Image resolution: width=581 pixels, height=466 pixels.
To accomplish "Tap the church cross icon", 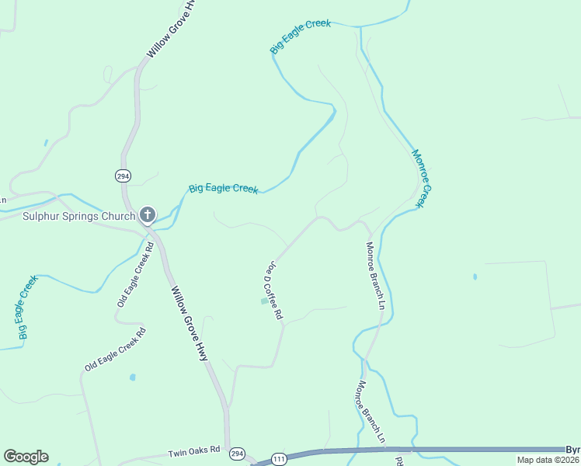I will pos(148,214).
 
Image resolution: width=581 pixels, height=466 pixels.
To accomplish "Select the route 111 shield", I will pos(280,460).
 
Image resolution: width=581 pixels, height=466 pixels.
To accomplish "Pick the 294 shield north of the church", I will pos(123,176).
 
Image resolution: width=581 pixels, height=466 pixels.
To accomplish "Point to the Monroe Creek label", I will pos(420,178).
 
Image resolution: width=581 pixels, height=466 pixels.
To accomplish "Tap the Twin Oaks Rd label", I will pos(195,450).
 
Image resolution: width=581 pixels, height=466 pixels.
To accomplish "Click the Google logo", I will pos(26,457).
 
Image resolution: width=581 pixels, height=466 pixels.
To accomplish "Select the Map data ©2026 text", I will pos(547,460).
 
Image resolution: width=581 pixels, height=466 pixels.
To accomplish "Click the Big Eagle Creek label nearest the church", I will pos(224,189).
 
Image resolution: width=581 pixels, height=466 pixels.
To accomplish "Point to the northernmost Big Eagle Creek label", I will pos(301,37).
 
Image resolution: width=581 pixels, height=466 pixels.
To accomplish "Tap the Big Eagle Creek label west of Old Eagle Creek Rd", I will pos(27,308).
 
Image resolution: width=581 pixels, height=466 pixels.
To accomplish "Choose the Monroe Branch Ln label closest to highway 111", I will pos(371,412).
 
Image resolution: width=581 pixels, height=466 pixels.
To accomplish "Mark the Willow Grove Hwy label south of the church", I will pos(190,323).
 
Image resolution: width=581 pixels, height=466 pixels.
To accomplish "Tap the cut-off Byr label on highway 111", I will pos(572,450).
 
